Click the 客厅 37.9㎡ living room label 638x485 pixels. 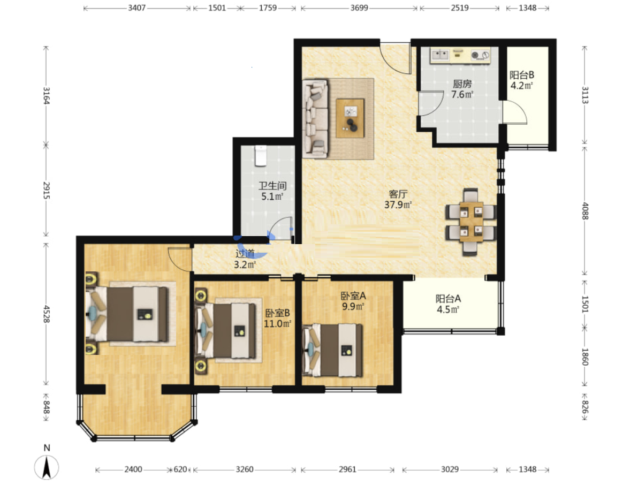pyautogui.click(x=398, y=199)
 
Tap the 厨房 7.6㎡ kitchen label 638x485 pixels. pyautogui.click(x=462, y=89)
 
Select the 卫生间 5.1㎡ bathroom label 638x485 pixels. pyautogui.click(x=272, y=191)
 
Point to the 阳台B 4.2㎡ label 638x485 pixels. pyautogui.click(x=522, y=80)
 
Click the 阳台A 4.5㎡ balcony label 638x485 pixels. pyautogui.click(x=448, y=304)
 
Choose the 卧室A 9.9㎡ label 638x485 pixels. pyautogui.click(x=353, y=301)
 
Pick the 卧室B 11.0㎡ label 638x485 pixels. pyautogui.click(x=277, y=318)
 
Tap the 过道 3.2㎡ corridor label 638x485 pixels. pyautogui.click(x=245, y=259)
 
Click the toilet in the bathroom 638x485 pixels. pyautogui.click(x=261, y=156)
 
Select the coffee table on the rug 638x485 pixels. pyautogui.click(x=351, y=118)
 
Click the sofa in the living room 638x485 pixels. pyautogui.click(x=315, y=118)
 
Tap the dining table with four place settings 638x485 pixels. pyautogui.click(x=471, y=222)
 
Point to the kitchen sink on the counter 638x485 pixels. pyautogui.click(x=440, y=55)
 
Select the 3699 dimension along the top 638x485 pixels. pyautogui.click(x=359, y=7)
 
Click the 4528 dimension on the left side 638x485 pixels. pyautogui.click(x=47, y=314)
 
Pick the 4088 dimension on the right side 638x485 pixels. pyautogui.click(x=584, y=211)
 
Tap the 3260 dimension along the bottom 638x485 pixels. pyautogui.click(x=245, y=469)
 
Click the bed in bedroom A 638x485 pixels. pyautogui.click(x=332, y=350)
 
